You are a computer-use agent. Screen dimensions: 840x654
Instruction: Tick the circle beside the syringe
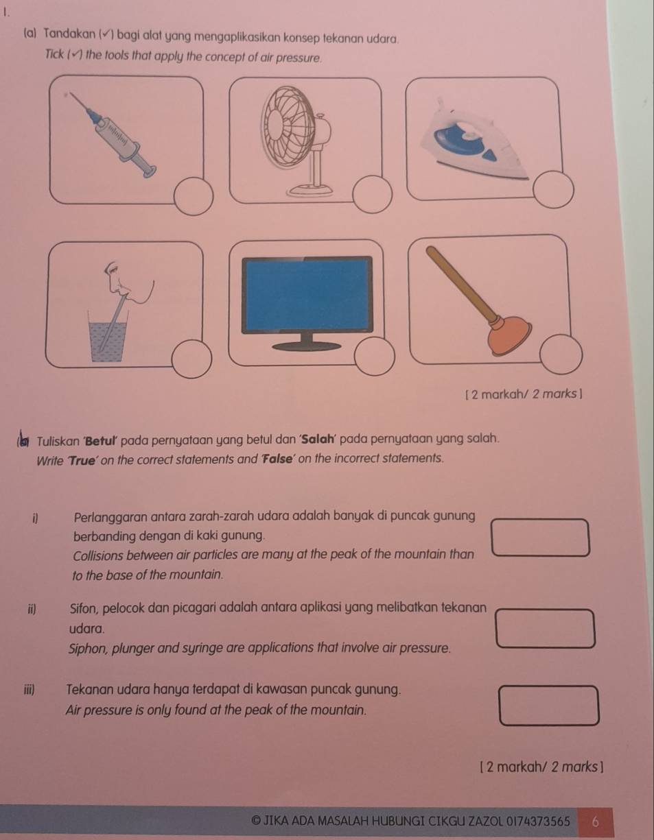tap(193, 194)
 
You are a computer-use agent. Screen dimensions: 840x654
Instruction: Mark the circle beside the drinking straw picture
tap(189, 359)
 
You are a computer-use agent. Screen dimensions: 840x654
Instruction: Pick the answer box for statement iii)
tap(549, 706)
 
